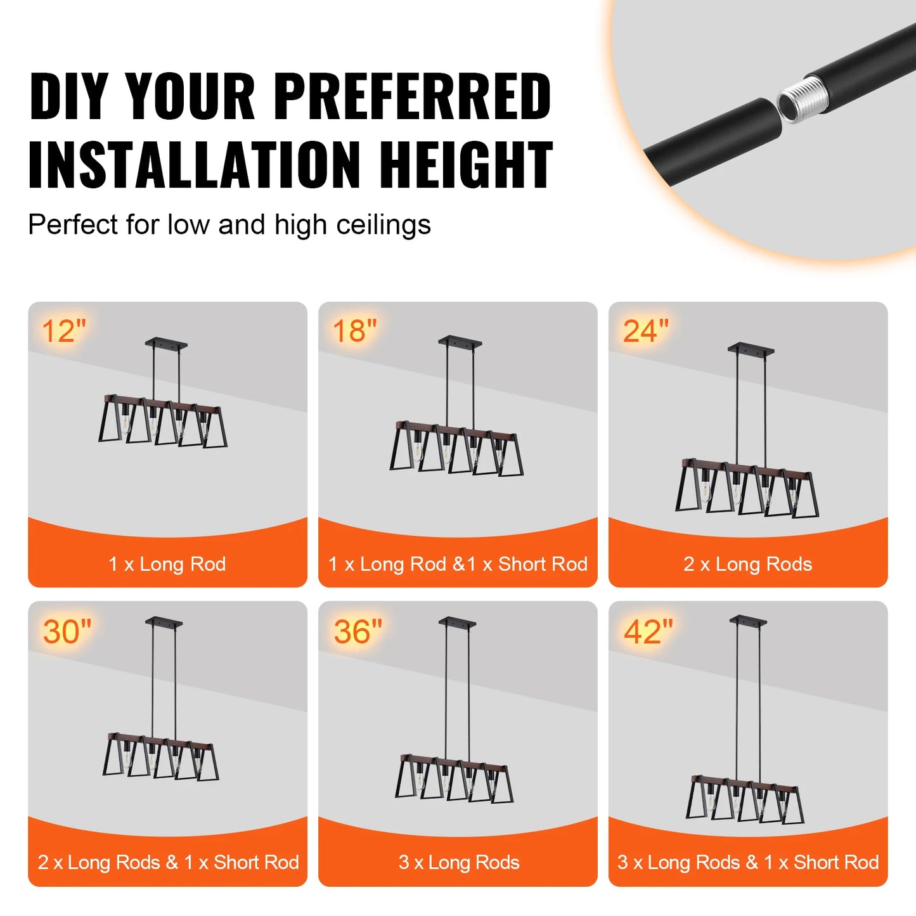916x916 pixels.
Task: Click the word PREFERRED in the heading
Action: [412, 96]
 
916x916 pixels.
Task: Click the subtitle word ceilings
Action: [384, 225]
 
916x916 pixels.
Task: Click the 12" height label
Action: [63, 332]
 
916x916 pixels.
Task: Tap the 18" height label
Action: [354, 332]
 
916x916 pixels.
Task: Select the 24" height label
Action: [645, 332]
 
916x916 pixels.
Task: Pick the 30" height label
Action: [67, 632]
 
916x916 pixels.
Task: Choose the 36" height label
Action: [358, 632]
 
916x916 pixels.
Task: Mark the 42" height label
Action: [648, 632]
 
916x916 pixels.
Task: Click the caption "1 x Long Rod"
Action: [167, 564]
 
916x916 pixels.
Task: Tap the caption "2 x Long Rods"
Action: [747, 564]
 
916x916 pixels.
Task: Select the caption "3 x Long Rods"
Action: [459, 863]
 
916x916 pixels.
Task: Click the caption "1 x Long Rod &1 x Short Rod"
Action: [458, 564]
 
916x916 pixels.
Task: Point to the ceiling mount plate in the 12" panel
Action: [166, 343]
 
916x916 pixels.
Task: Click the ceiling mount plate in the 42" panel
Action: [748, 621]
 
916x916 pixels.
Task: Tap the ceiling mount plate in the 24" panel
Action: [751, 349]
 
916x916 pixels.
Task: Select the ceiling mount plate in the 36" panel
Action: [457, 622]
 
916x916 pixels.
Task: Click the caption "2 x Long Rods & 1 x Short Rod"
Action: [168, 863]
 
